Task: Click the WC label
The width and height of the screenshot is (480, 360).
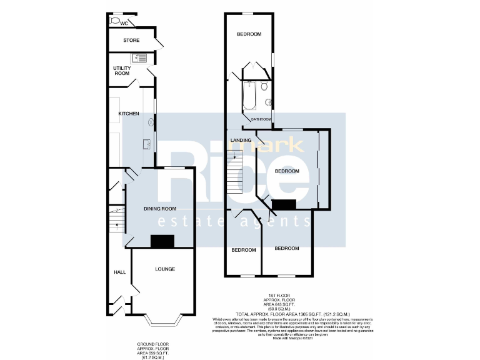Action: tap(124, 23)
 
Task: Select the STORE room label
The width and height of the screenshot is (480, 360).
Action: tap(131, 41)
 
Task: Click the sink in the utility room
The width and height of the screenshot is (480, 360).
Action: tap(139, 59)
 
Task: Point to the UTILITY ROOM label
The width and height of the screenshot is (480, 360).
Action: tap(121, 71)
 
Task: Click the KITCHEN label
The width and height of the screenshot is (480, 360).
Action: tap(129, 114)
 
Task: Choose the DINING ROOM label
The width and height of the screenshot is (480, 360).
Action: tap(160, 209)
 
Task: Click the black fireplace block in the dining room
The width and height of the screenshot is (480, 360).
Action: tap(162, 241)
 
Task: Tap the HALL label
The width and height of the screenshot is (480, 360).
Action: tap(119, 272)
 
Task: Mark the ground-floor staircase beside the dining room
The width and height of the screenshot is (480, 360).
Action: tap(117, 219)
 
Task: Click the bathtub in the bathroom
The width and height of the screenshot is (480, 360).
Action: tap(249, 97)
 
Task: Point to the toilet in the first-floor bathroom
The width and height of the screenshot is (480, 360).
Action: tap(265, 86)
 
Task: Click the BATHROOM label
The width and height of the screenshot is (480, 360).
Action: tap(261, 119)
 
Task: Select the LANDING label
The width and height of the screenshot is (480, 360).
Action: tap(241, 140)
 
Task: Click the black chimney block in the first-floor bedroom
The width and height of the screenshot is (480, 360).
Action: tap(285, 204)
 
